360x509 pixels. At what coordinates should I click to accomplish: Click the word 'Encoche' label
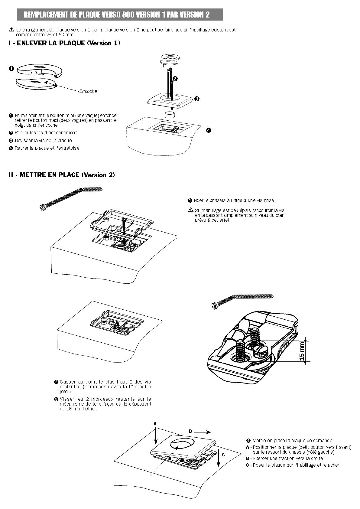(88, 91)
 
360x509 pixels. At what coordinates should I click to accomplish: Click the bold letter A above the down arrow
(155, 424)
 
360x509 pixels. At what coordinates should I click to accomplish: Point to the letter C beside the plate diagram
(223, 455)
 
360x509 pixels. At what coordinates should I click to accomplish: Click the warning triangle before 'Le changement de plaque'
(11, 30)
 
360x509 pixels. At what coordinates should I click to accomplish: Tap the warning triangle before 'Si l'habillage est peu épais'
(190, 210)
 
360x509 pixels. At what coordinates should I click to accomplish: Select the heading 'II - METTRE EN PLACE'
(62, 175)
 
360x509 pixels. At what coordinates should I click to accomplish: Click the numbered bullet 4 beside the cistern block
(208, 130)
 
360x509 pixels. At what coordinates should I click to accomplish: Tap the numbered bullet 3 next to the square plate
(196, 99)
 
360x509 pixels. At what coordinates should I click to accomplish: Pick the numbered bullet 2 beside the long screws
(175, 79)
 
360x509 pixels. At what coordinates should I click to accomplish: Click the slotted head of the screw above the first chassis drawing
(42, 207)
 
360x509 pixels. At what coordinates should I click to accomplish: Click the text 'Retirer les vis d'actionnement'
(46, 132)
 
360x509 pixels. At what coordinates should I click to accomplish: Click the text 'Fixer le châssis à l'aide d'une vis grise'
(234, 200)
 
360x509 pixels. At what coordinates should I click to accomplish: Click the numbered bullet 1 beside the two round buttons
(11, 69)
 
